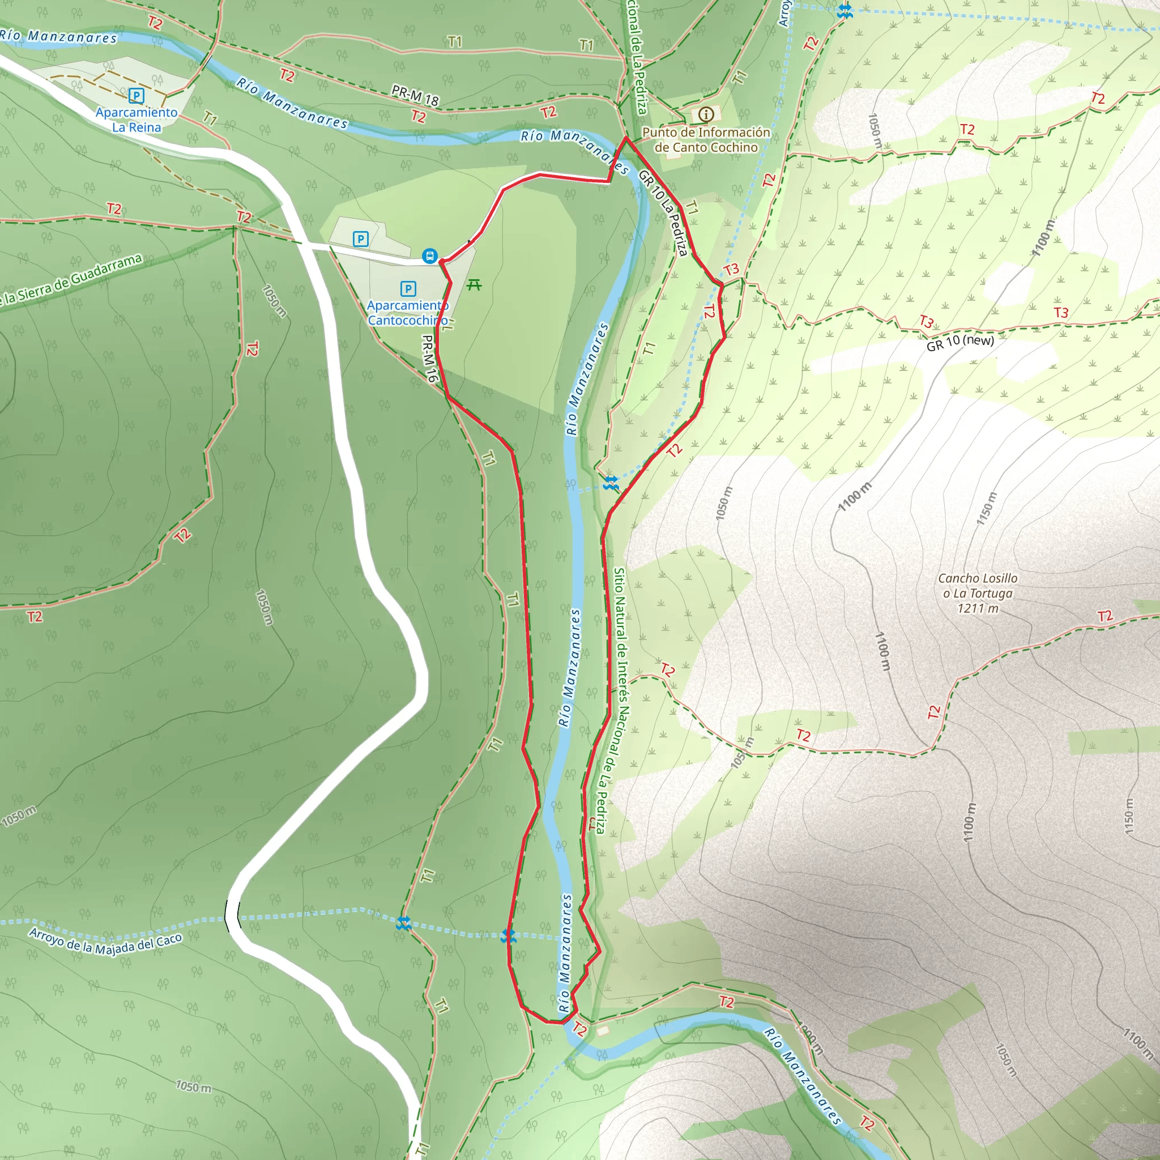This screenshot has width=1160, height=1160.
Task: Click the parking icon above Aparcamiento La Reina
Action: tap(137, 96)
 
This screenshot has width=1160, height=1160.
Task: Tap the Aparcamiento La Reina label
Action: tap(137, 120)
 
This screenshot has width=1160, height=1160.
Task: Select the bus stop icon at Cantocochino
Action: tap(429, 257)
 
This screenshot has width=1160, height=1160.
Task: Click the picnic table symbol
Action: tap(474, 284)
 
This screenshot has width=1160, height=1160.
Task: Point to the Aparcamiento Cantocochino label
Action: tap(408, 313)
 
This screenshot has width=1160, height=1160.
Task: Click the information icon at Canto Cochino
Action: tap(706, 114)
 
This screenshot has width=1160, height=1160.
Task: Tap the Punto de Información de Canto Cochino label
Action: tap(706, 139)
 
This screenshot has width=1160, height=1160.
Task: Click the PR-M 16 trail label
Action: tap(430, 359)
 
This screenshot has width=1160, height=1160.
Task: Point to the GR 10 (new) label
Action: tap(960, 342)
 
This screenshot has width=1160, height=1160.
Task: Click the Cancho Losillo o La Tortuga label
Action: tap(978, 586)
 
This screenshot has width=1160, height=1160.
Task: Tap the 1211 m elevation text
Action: tap(978, 608)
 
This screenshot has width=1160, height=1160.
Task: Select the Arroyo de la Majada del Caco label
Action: tap(105, 941)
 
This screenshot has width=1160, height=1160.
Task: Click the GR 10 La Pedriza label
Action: tap(663, 213)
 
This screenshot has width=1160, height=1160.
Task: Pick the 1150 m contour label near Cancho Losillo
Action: tap(987, 509)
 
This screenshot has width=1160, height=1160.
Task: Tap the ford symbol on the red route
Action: tap(509, 935)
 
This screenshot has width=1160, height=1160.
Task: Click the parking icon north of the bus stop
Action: tap(360, 239)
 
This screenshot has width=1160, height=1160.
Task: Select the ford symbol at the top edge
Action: tap(844, 11)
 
